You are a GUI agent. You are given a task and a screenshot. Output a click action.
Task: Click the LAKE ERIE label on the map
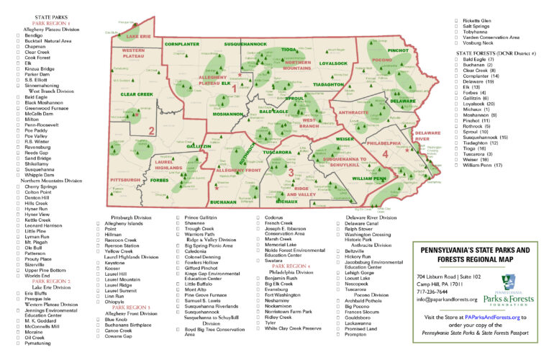click(139, 35)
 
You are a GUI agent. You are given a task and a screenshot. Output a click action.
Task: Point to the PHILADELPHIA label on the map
click(385, 143)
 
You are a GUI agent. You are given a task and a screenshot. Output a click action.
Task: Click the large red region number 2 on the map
click(151, 130)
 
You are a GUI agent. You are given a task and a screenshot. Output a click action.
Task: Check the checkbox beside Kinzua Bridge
click(19, 68)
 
